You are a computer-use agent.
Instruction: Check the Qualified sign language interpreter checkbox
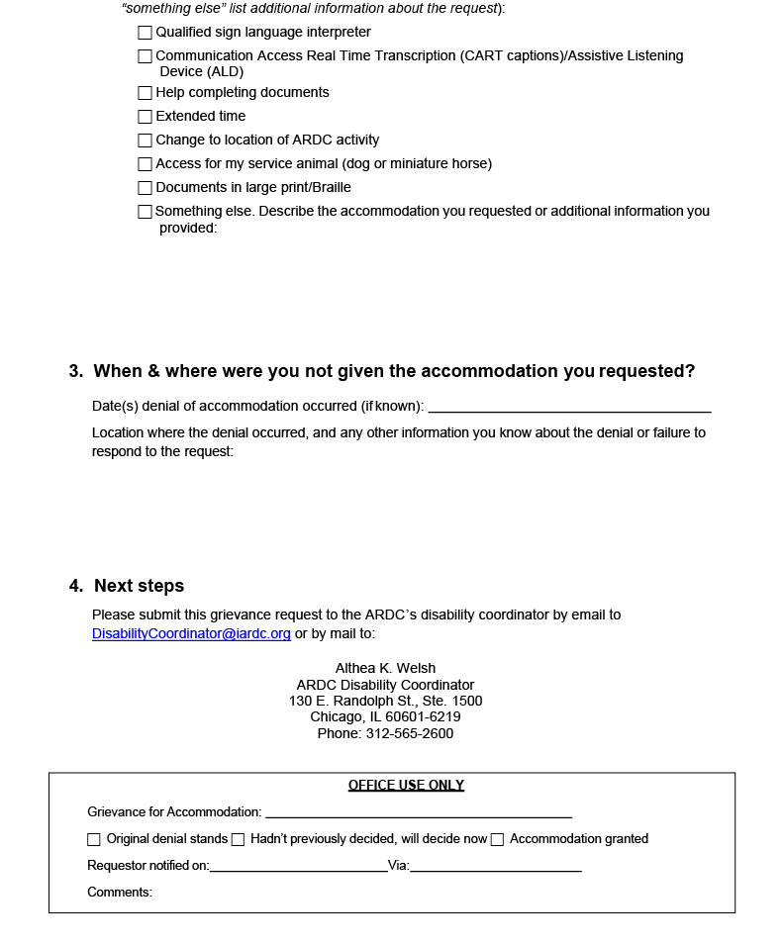(146, 33)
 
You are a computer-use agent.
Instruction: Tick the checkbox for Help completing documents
(146, 93)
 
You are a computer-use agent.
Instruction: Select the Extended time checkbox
(146, 117)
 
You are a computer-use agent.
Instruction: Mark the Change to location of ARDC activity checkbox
(146, 141)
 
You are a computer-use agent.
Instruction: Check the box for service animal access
(146, 164)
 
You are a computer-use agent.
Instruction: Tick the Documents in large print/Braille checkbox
(146, 188)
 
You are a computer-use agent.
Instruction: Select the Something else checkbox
(146, 212)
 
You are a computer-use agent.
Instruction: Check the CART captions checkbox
(146, 56)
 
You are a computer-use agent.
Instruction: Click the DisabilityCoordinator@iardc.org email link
(191, 633)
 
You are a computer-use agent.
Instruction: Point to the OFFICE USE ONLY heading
(406, 786)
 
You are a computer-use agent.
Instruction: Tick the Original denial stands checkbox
(94, 839)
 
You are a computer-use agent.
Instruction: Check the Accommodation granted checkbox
(498, 839)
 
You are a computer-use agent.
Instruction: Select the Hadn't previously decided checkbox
(238, 839)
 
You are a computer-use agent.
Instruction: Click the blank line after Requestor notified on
(298, 867)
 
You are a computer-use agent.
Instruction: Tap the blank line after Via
(495, 867)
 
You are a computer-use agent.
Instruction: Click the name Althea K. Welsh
(385, 668)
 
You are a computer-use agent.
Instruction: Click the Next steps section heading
(139, 586)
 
